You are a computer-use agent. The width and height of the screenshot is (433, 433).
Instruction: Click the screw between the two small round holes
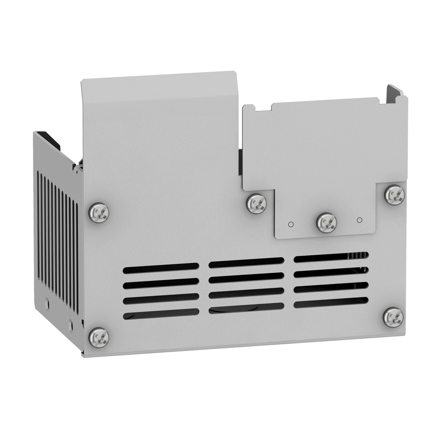point(326,222)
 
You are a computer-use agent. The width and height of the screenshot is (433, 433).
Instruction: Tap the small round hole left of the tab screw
point(291,224)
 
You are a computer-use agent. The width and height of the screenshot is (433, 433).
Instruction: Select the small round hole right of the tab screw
point(359,220)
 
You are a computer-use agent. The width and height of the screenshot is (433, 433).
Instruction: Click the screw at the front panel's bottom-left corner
point(99,337)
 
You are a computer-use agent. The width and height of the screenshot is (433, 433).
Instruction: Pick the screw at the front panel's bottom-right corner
point(393,317)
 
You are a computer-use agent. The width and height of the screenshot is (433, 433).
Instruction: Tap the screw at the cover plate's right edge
point(395,195)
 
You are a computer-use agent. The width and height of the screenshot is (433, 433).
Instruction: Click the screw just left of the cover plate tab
point(256,203)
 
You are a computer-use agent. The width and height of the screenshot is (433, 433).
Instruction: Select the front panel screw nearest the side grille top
point(99,212)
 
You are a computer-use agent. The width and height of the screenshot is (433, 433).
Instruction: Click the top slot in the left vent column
point(161,268)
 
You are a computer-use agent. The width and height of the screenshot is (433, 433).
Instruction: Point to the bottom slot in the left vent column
point(161,313)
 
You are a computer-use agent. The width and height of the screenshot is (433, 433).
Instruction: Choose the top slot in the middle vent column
point(246,263)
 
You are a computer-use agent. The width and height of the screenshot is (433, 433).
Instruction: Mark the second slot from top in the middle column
point(246,278)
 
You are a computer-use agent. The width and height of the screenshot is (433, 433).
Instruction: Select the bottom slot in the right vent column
point(331,302)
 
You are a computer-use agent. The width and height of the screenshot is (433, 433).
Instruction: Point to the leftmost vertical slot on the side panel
point(38,226)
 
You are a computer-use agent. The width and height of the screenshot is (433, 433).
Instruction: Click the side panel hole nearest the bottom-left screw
point(71,326)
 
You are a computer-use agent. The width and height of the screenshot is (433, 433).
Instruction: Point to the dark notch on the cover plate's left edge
point(240,162)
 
